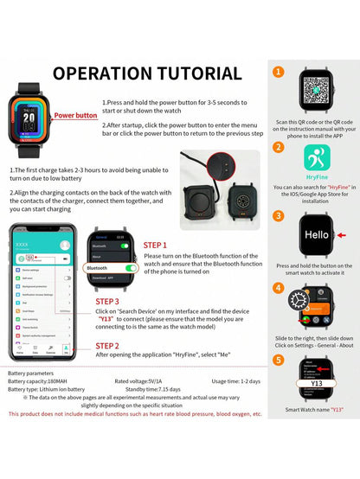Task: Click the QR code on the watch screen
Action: (x=315, y=90)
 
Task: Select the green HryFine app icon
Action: (x=316, y=160)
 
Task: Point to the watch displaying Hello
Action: (x=316, y=234)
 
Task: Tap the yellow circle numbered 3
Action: (x=279, y=217)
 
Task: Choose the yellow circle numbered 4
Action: (x=279, y=289)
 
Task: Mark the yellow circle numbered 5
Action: (x=279, y=360)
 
